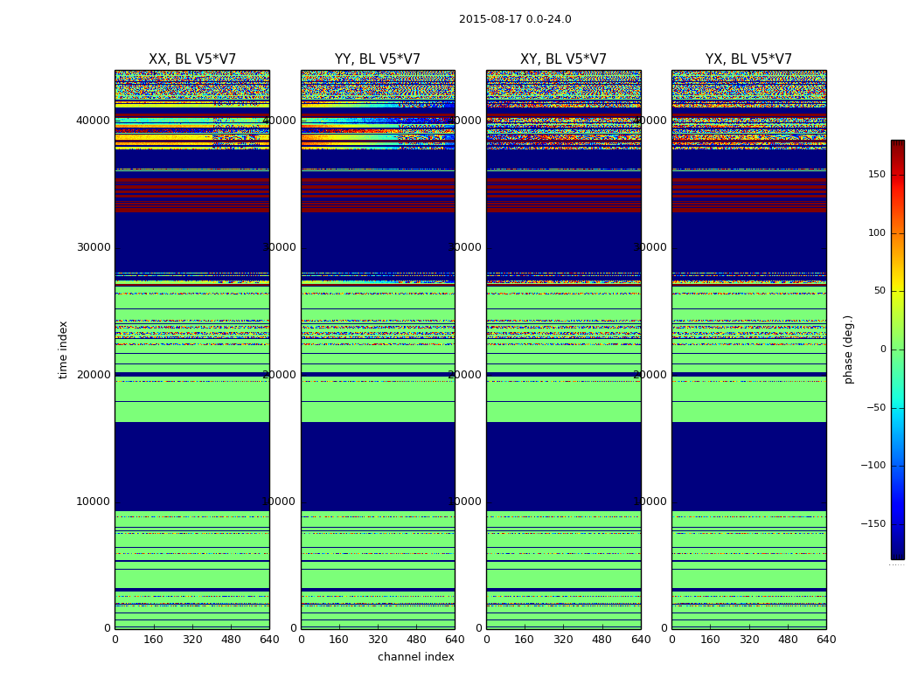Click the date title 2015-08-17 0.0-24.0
click(x=515, y=19)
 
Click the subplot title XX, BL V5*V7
click(x=192, y=59)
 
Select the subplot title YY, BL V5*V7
click(x=378, y=59)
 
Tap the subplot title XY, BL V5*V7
click(x=563, y=59)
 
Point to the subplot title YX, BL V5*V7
click(x=748, y=59)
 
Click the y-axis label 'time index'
click(x=63, y=349)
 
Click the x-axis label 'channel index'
click(x=416, y=657)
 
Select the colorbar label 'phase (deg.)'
click(x=848, y=349)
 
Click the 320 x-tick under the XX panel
click(x=192, y=640)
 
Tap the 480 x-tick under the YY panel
click(x=416, y=640)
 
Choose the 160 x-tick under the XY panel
click(x=525, y=640)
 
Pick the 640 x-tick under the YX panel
click(x=826, y=640)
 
